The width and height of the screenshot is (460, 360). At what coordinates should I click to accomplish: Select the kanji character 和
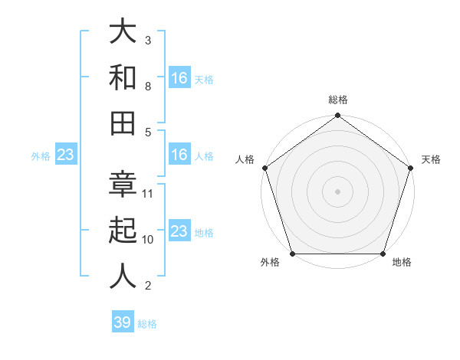(x=123, y=77)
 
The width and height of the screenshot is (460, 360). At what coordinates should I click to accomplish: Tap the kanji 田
(x=123, y=123)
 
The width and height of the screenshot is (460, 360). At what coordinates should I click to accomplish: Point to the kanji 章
(x=123, y=184)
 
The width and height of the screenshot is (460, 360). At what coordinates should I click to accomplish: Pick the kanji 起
(x=123, y=230)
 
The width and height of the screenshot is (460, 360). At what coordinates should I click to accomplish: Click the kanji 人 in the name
(x=123, y=275)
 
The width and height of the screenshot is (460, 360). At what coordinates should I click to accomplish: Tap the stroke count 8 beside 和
(x=148, y=87)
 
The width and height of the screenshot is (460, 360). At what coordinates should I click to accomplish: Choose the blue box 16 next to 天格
(x=179, y=77)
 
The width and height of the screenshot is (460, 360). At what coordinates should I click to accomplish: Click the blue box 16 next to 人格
(x=179, y=155)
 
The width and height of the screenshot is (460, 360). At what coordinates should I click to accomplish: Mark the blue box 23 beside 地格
(x=179, y=231)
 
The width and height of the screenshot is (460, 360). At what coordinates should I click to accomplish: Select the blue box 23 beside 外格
(x=66, y=155)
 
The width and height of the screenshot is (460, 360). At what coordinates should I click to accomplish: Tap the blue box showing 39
(x=123, y=322)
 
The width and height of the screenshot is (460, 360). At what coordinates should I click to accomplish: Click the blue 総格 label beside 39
(x=148, y=324)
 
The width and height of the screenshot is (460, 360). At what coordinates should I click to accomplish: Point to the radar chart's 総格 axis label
(x=337, y=100)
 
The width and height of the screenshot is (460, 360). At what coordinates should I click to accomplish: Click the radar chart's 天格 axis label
(x=431, y=159)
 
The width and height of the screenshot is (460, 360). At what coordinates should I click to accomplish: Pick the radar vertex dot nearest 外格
(x=291, y=254)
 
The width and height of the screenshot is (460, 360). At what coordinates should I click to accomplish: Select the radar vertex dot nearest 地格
(x=383, y=254)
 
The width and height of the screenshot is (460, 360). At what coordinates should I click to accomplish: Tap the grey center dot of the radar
(x=337, y=191)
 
